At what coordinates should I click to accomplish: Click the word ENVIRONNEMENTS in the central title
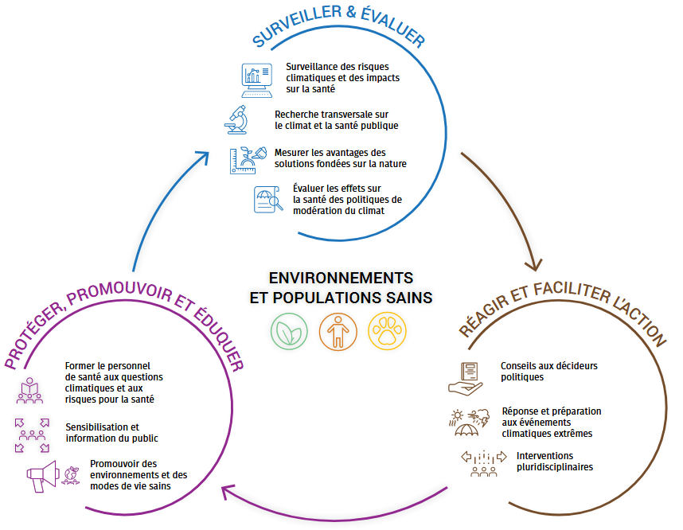(341, 279)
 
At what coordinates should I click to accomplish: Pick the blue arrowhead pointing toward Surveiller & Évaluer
(204, 158)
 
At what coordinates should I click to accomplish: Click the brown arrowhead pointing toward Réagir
(533, 263)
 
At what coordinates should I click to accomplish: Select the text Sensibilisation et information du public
(111, 432)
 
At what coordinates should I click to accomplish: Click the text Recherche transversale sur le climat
(336, 119)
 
